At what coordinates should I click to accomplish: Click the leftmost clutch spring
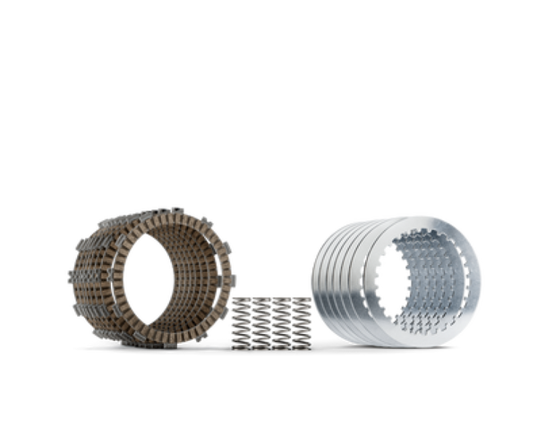pos(239,320)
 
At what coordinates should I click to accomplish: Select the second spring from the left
pos(260,320)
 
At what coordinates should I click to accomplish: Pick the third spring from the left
pos(282,320)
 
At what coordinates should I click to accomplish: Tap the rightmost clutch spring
pos(303,320)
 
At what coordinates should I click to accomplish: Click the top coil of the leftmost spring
pos(239,296)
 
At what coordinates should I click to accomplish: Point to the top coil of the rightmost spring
pos(303,296)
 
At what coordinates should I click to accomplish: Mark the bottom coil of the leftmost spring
pos(239,345)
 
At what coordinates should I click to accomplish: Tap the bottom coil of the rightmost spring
pos(303,345)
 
